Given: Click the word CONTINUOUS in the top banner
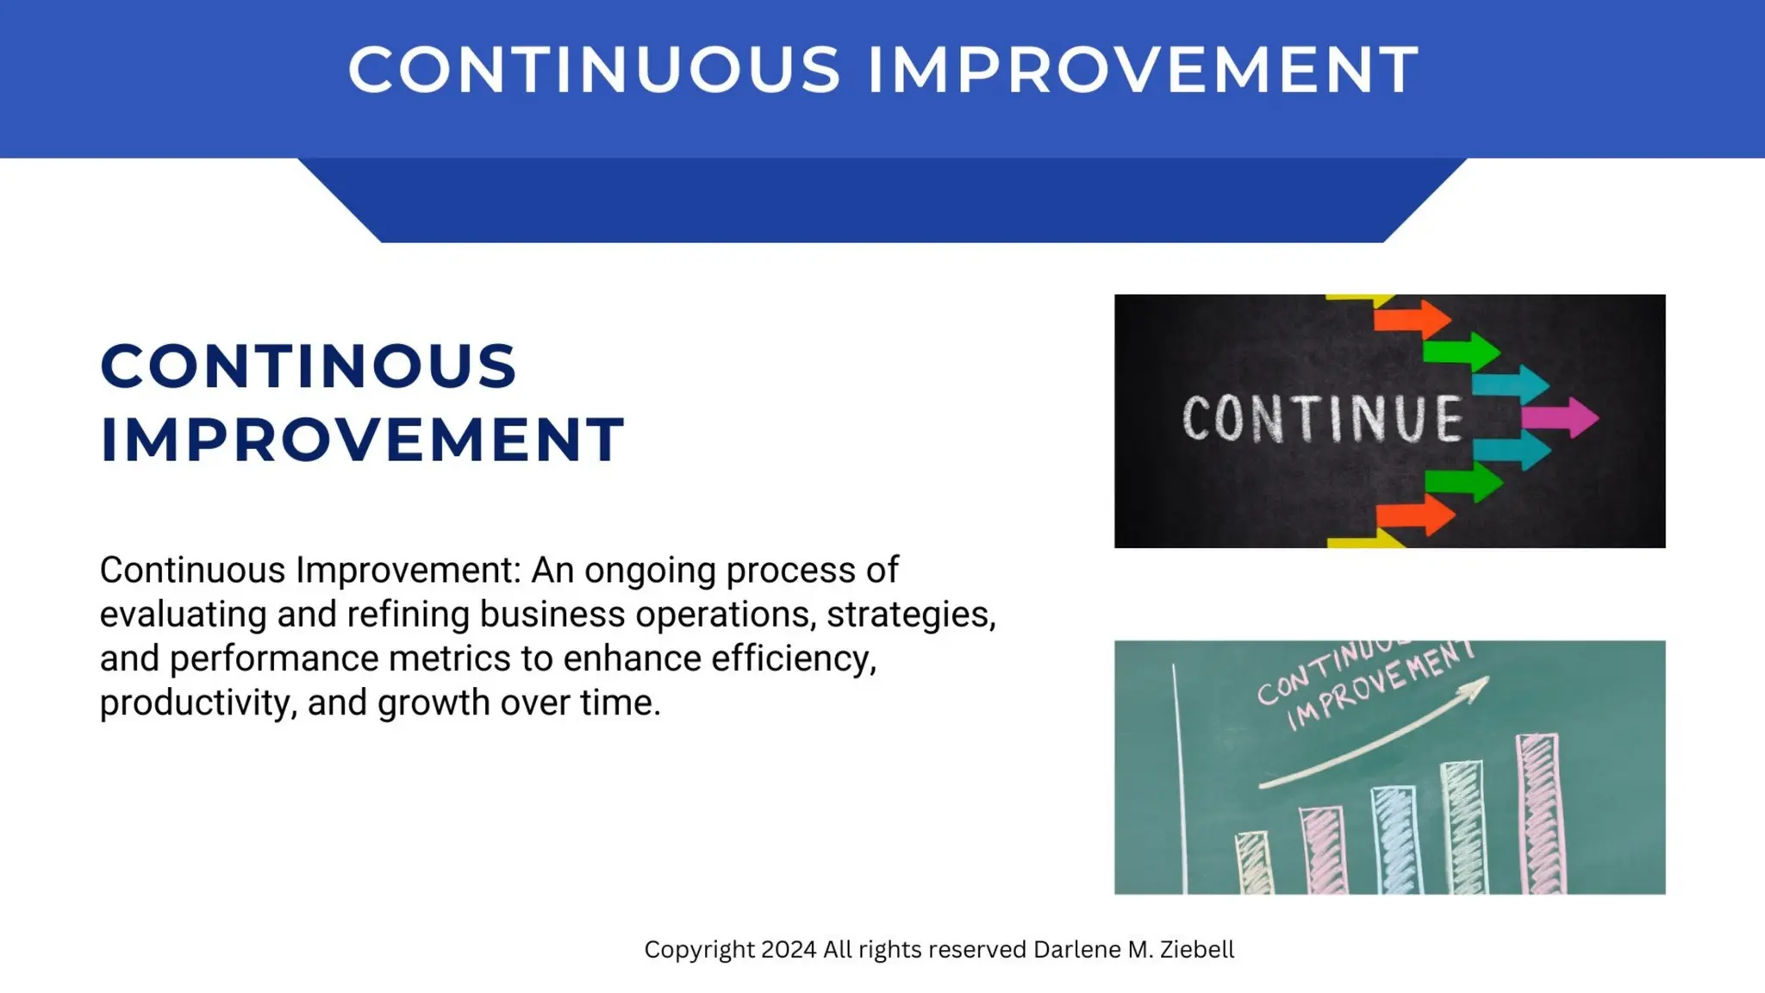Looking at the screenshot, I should click(x=595, y=69).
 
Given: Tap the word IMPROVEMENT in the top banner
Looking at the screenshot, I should click(x=1143, y=69).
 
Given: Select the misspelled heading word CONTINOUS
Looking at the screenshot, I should click(x=309, y=366).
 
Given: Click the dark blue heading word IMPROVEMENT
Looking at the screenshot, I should click(x=362, y=440).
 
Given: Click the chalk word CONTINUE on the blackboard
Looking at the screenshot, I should click(x=1322, y=419).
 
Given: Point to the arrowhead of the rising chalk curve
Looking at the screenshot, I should click(x=1479, y=685).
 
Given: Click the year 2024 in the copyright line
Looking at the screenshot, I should click(x=789, y=949).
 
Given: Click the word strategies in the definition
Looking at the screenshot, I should click(x=910, y=615).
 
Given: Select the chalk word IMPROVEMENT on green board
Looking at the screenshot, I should click(x=1379, y=685).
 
